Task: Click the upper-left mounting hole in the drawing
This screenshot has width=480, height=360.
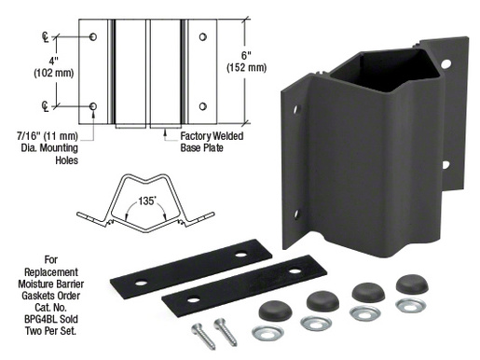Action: (94, 36)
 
